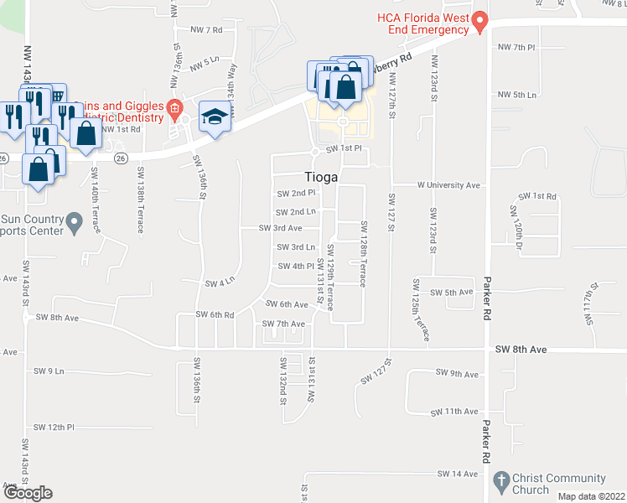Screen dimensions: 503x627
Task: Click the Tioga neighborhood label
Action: pos(319,177)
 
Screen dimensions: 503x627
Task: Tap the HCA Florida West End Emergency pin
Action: pos(480,23)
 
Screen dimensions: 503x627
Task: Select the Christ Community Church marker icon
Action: pos(500,481)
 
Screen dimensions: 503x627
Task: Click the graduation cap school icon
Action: pos(214,117)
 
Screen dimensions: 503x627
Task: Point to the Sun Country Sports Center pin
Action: pos(74,223)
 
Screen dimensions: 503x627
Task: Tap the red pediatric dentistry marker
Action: pos(174,107)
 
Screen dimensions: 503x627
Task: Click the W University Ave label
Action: pos(448,184)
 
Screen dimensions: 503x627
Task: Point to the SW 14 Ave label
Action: pos(457,474)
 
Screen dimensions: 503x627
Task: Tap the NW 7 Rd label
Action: pos(206,30)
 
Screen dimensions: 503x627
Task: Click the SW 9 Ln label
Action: pos(49,371)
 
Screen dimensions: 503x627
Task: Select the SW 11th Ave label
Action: pos(454,412)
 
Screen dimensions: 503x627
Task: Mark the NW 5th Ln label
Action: pos(516,95)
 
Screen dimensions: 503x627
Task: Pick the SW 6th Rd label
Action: pos(215,314)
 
